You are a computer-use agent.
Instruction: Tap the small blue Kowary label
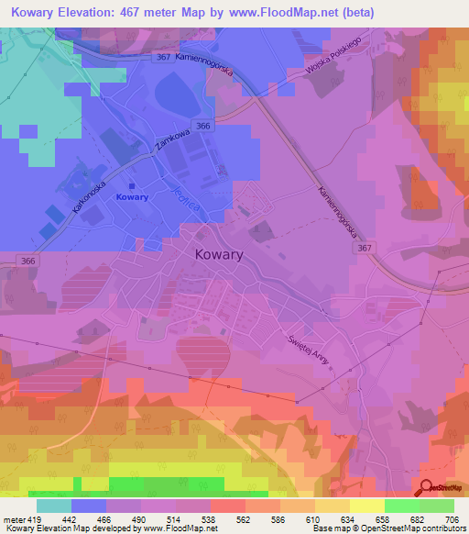[133, 197]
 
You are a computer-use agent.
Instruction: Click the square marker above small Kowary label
[132, 184]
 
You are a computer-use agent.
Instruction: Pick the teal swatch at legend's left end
[54, 506]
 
